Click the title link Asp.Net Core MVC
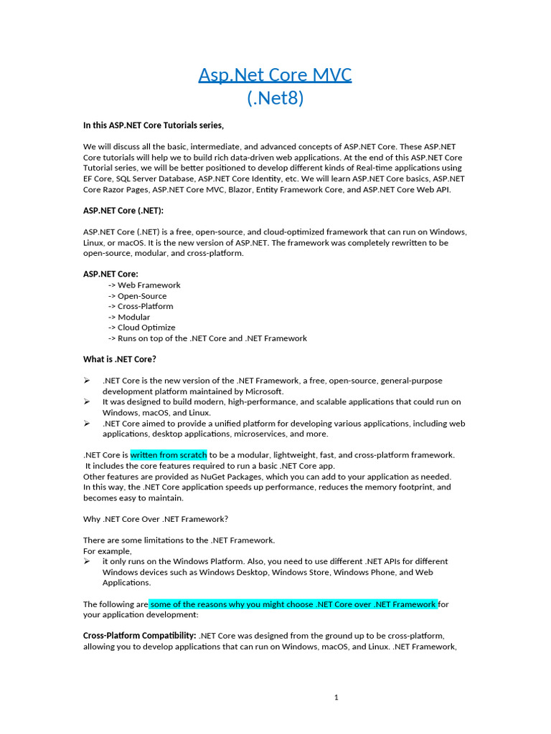275,75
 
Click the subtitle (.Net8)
275,98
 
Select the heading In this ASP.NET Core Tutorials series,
154,125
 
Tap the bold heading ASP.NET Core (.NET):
118,211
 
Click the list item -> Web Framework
144,285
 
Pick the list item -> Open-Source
137,295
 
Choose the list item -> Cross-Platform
141,306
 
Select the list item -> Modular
129,317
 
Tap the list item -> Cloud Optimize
141,328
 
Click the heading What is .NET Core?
120,359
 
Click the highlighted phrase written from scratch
169,455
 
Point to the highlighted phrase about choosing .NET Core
293,604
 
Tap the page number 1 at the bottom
336,698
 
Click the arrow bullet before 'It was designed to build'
87,402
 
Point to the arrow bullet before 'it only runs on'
87,561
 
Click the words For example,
108,550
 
